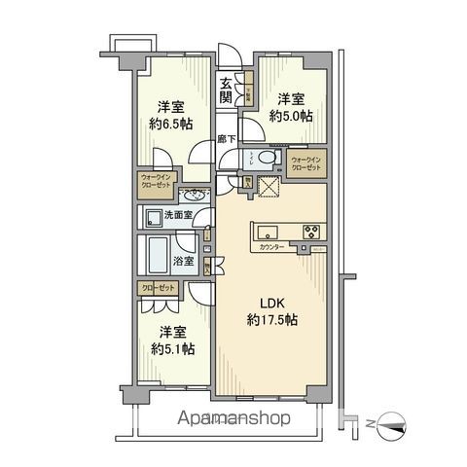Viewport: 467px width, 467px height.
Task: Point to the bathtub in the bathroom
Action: pyautogui.click(x=154, y=258)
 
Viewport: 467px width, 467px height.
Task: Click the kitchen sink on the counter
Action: pyautogui.click(x=267, y=233)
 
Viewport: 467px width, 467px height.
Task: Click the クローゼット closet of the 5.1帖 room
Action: pyautogui.click(x=155, y=290)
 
